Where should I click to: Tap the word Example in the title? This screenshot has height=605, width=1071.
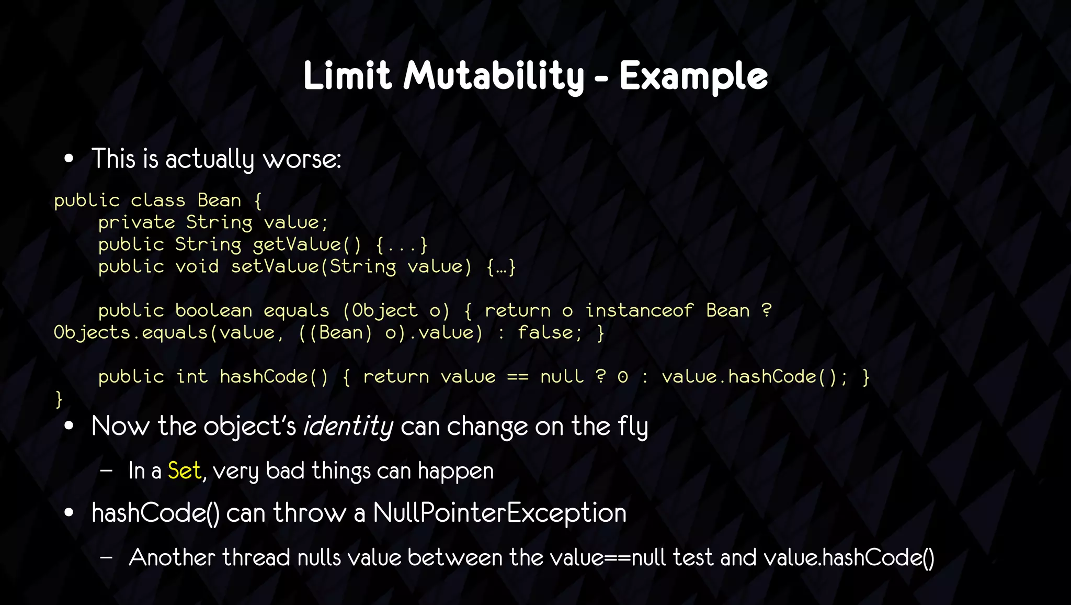coord(693,76)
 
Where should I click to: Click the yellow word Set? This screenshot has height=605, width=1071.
coord(184,470)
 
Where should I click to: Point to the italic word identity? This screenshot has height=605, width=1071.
coord(348,426)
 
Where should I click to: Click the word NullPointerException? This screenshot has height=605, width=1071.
coord(499,512)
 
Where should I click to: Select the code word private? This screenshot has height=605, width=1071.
coord(136,222)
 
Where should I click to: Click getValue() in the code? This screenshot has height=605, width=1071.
coord(306,244)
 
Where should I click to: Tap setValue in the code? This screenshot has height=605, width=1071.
coord(275,266)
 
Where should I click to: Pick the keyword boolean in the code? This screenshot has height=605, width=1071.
coord(213,310)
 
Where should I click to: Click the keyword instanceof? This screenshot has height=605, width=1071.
coord(639,310)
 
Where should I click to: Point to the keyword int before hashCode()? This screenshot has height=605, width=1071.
coord(192,376)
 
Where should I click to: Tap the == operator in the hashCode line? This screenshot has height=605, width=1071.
coord(518,377)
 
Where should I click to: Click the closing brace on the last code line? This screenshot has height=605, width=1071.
coord(59,399)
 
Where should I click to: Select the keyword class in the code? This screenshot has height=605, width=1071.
coord(158,200)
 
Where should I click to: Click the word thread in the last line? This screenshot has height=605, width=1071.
coord(256,557)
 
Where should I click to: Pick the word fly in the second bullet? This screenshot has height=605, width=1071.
coord(633,426)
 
